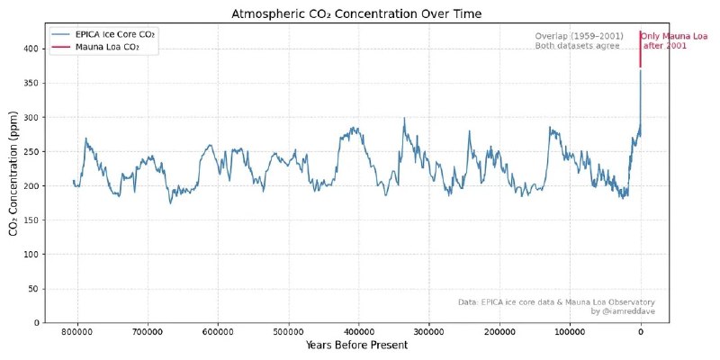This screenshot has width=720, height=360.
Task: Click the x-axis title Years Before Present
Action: coord(356,346)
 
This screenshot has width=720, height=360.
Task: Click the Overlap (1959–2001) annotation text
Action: coord(580,36)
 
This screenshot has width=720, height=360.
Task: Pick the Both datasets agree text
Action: coord(577,45)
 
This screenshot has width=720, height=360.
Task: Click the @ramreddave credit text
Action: coord(623,310)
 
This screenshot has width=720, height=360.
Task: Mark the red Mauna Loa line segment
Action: coord(641,49)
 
